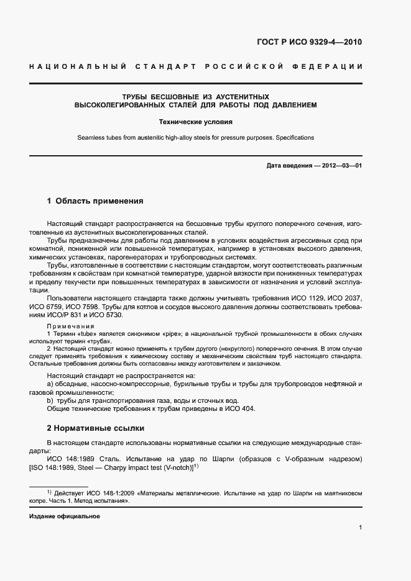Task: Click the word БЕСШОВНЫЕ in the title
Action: (x=175, y=97)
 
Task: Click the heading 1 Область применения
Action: (x=95, y=201)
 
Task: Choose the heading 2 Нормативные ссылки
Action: (x=95, y=428)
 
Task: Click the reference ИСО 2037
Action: (x=347, y=299)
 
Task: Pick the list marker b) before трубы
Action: (x=51, y=400)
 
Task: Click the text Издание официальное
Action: (x=65, y=516)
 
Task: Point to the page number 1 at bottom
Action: (x=361, y=528)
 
